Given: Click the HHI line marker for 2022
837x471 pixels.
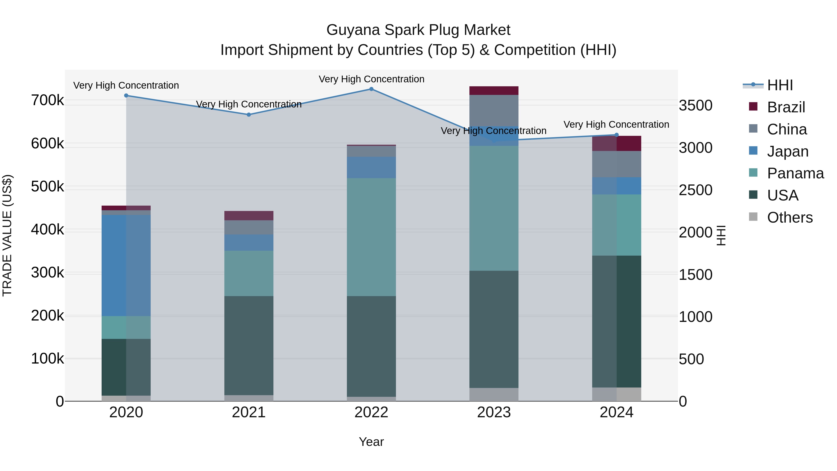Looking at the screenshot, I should pos(371,89).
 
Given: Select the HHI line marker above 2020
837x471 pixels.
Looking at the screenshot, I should pos(126,95).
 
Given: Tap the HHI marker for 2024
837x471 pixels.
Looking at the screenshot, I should pos(616,135).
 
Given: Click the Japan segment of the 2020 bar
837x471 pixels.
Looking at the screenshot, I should pos(126,265).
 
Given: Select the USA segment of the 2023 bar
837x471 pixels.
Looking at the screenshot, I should pos(494,329).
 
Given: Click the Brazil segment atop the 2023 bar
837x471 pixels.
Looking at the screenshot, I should pos(494,90).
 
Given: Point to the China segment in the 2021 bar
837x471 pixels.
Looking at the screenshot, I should pos(249,227).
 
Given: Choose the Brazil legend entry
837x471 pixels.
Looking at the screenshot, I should pos(786,107).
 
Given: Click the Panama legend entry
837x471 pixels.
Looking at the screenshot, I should pos(795,173).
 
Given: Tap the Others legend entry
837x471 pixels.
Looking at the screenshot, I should pos(790,217).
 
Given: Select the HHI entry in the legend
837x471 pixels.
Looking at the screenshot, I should pos(780,85).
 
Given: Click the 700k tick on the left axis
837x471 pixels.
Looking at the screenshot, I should pos(47,100).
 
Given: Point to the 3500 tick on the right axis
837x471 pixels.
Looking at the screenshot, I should pos(695,106).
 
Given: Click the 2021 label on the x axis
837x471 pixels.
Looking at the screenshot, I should pos(249,412).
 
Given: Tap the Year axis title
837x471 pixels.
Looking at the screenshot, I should pos(371,442).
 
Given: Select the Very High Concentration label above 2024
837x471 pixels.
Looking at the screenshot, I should pos(616,124).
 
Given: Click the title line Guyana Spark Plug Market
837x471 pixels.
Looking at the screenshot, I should pos(418,30).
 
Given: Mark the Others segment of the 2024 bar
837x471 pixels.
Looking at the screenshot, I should pos(616,394).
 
